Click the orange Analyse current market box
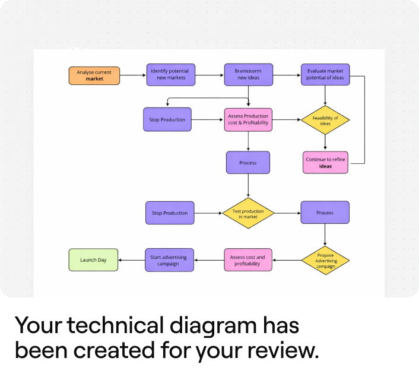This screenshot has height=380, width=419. (94, 75)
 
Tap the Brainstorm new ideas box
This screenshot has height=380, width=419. (249, 75)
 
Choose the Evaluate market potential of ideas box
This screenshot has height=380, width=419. (325, 75)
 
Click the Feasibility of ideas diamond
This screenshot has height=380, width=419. (325, 121)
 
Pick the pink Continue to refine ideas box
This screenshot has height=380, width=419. (325, 162)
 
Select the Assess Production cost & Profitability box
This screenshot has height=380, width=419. (248, 119)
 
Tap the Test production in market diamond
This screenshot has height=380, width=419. (248, 213)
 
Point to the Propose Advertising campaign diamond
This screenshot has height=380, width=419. (325, 260)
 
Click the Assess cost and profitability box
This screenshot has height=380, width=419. (248, 260)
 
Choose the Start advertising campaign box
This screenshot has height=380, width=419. (170, 260)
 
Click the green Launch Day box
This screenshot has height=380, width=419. (94, 260)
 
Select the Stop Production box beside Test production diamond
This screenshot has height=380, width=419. (170, 213)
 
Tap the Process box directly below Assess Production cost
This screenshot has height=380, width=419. (248, 163)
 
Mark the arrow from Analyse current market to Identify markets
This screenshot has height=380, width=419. (133, 75)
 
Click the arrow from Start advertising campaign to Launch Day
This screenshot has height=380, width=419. (132, 260)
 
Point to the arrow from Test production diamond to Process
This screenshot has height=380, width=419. (287, 213)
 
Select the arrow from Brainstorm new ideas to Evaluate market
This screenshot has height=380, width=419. (287, 75)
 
